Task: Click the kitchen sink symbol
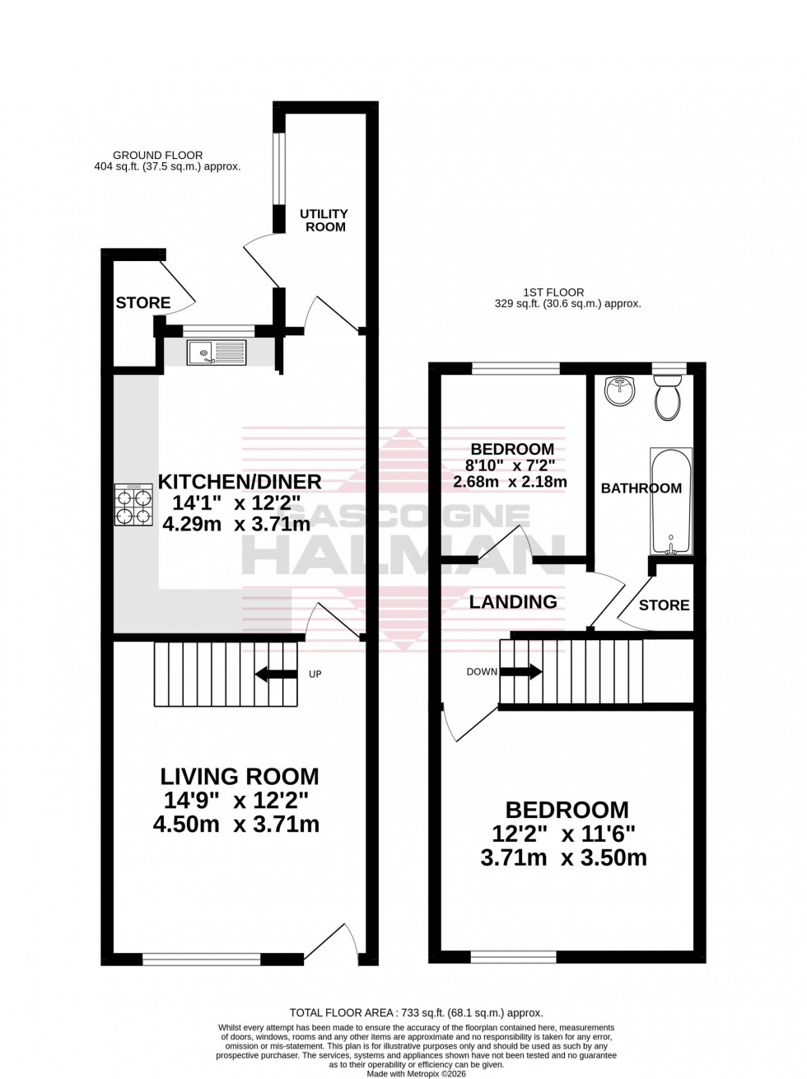pyautogui.click(x=217, y=353)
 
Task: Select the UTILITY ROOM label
pyautogui.click(x=325, y=220)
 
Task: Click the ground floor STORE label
pyautogui.click(x=143, y=303)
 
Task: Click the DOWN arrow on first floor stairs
pyautogui.click(x=520, y=671)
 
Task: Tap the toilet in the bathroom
pyautogui.click(x=666, y=399)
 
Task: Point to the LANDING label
pyautogui.click(x=513, y=601)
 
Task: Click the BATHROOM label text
pyautogui.click(x=641, y=488)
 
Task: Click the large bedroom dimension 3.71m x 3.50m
pyautogui.click(x=563, y=857)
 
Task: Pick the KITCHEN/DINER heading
pyautogui.click(x=239, y=481)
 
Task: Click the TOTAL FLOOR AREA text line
pyautogui.click(x=416, y=1013)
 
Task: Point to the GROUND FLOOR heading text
pyautogui.click(x=157, y=155)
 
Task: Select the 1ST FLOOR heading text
pyautogui.click(x=553, y=292)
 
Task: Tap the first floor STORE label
pyautogui.click(x=664, y=605)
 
